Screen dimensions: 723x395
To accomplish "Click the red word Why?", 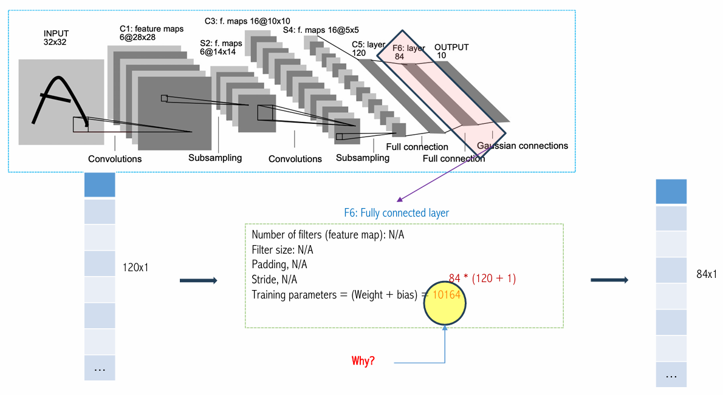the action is coord(363,360).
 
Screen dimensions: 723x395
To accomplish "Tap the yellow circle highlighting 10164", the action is coord(445,303).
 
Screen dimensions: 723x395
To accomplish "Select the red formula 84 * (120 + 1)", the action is coord(482,278).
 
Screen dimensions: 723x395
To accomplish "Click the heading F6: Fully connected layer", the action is coord(396,213).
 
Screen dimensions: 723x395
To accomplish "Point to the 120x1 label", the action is coord(135,268).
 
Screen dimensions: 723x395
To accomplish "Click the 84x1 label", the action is coord(707,274).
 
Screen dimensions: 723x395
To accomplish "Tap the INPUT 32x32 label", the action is coord(56,38).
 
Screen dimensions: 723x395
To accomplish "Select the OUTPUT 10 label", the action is coord(451,51).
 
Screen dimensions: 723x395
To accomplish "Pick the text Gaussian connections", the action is coord(523,146).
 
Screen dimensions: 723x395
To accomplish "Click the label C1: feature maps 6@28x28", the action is coord(151,33).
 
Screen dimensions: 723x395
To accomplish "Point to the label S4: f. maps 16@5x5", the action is coord(321,30).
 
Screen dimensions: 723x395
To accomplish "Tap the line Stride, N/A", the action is coord(275,280).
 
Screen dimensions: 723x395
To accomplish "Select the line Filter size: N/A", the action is coord(282,250).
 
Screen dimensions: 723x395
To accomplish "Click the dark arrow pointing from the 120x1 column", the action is coord(198,280).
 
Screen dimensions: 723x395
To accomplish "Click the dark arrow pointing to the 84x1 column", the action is coord(609,280).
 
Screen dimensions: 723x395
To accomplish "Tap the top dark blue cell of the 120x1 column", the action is coord(100,184).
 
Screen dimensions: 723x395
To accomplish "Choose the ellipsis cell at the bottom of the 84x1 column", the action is coord(671,375).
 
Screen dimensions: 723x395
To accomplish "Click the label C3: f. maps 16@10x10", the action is coord(248,21).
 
